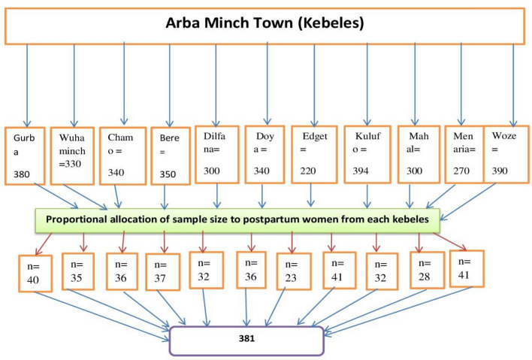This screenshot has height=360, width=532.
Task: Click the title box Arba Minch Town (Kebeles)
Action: click(x=264, y=24)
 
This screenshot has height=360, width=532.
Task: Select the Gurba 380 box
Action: click(x=27, y=156)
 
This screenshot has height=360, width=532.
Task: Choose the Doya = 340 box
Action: click(x=264, y=154)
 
